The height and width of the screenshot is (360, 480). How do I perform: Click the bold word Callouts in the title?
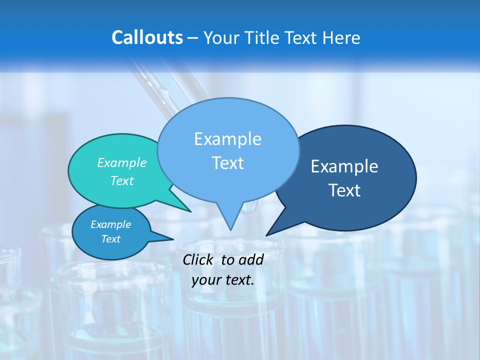147,37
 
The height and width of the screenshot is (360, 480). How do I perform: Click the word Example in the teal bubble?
121,162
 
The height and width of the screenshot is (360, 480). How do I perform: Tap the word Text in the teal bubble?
121,180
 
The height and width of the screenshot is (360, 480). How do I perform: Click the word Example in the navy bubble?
344,166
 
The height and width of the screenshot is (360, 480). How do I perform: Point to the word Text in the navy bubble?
344,190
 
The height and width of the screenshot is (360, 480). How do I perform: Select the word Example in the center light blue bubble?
227,139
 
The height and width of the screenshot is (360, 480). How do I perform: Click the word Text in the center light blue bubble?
227,163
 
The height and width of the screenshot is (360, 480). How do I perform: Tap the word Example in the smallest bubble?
110,224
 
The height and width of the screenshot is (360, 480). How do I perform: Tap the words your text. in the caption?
223,280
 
